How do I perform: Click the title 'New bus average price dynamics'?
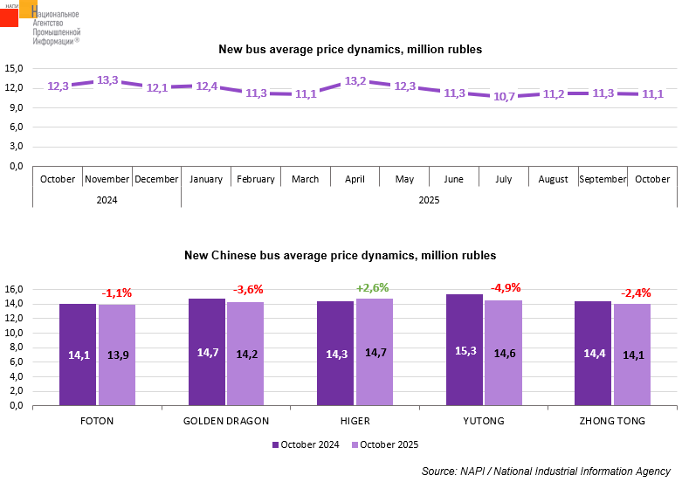point(349,50)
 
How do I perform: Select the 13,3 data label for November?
point(107,80)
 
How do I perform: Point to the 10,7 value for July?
point(504,97)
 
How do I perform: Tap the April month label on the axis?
point(355,179)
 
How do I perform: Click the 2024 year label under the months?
point(107,200)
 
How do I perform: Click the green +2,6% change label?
point(372,288)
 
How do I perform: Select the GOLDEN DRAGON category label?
point(226,421)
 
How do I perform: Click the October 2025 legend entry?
point(385,444)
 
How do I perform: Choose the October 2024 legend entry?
point(306,444)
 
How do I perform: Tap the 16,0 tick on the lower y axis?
point(15,289)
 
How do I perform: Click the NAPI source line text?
point(546,472)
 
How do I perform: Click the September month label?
point(603,179)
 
